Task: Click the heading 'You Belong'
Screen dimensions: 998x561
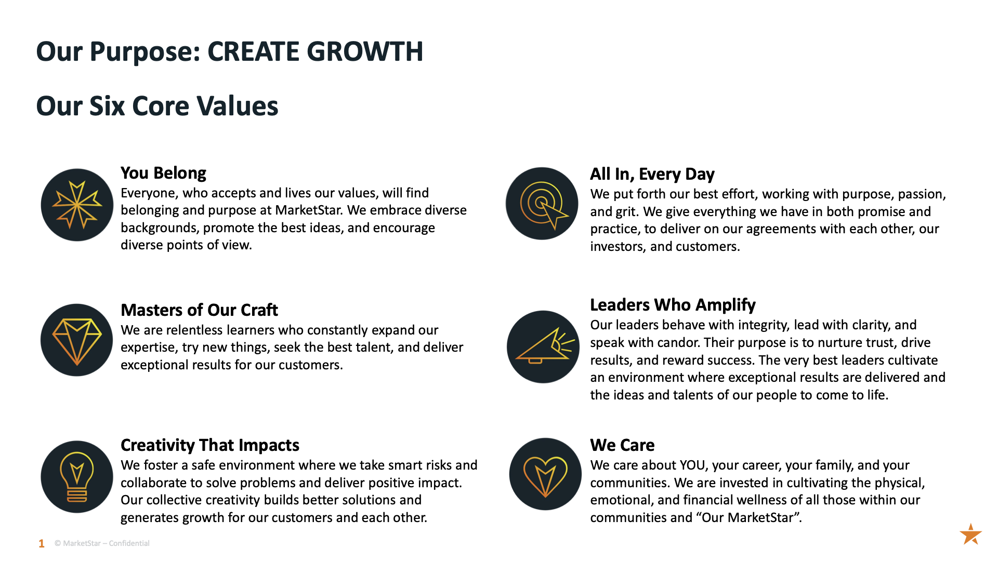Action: click(x=163, y=173)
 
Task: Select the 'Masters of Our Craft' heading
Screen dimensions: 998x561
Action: click(x=199, y=310)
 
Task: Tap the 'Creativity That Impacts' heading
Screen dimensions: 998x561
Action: click(x=210, y=445)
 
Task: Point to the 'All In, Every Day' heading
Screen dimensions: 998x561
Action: click(x=652, y=174)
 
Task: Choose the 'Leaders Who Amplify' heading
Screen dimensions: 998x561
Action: click(x=673, y=305)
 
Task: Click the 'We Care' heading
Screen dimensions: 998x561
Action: click(x=622, y=445)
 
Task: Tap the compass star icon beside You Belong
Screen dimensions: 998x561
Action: click(x=77, y=205)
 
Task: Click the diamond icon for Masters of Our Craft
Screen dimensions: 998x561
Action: click(x=77, y=340)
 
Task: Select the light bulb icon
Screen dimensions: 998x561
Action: click(x=77, y=477)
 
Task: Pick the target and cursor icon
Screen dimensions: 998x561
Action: click(x=542, y=204)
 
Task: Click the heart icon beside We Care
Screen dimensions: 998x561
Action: click(x=545, y=474)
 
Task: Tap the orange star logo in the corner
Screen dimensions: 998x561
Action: click(x=970, y=534)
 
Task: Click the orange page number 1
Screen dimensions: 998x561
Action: click(x=42, y=544)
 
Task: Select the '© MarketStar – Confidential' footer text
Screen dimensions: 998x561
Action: click(x=102, y=543)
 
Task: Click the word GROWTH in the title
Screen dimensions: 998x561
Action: click(x=365, y=51)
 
